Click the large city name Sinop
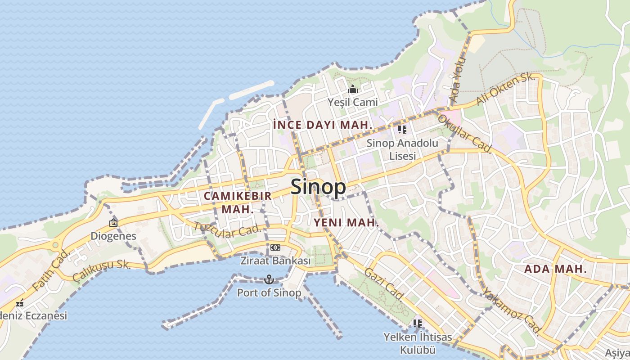(x=318, y=187)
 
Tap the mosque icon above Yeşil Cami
(x=353, y=89)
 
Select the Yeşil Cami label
(x=353, y=102)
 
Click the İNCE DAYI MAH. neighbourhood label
(x=323, y=125)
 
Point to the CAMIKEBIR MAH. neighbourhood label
(x=238, y=202)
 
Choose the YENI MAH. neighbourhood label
(x=346, y=222)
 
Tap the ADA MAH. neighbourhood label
(x=556, y=269)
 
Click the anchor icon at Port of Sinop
(x=269, y=279)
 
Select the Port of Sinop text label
(x=269, y=293)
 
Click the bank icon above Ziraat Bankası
(x=275, y=247)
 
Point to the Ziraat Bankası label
(x=275, y=261)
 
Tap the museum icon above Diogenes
(x=113, y=222)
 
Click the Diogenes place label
(x=113, y=236)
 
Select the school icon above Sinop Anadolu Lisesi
(x=402, y=130)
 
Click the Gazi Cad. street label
(x=384, y=284)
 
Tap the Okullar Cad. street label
(x=464, y=134)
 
